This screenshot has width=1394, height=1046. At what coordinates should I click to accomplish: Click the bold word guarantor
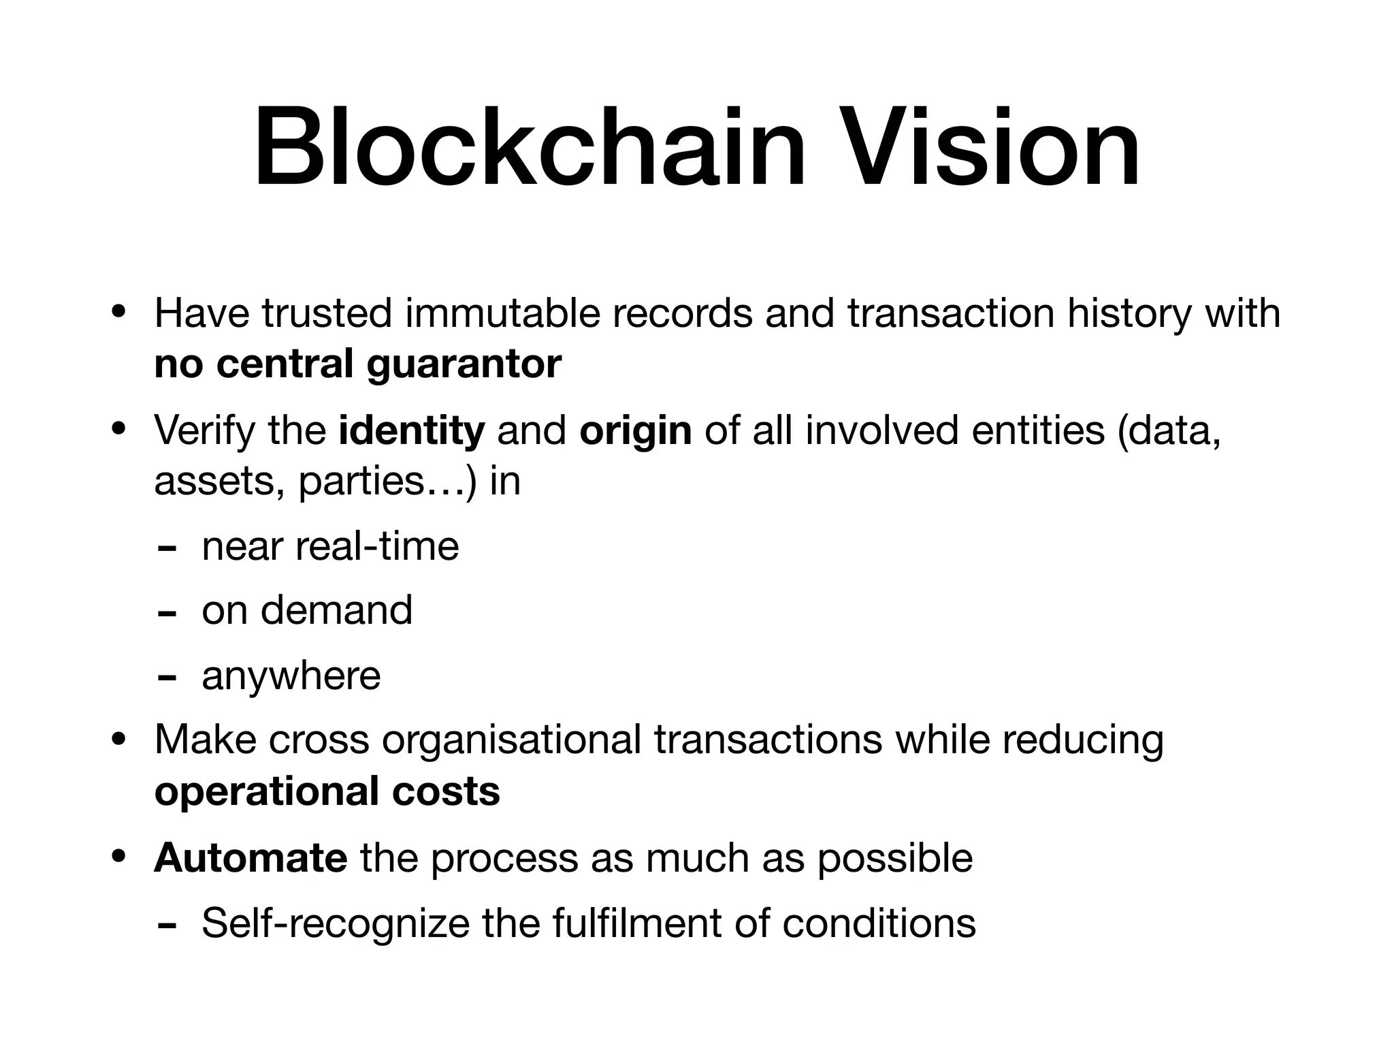point(464,364)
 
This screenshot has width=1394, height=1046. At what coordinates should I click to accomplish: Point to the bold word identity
point(412,430)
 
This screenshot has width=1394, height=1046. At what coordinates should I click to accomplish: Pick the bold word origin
point(635,430)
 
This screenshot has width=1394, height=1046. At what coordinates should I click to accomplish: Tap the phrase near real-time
point(330,546)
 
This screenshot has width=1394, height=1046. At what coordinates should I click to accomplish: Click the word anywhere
point(291,676)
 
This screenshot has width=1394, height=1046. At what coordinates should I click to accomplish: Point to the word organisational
point(511,740)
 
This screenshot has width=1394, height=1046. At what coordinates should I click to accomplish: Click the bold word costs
point(446,791)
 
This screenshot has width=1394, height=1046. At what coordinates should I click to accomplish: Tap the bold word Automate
point(250,857)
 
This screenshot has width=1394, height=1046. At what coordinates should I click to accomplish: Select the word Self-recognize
point(335,923)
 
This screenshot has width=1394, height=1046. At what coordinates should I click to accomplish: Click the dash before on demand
point(166,613)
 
